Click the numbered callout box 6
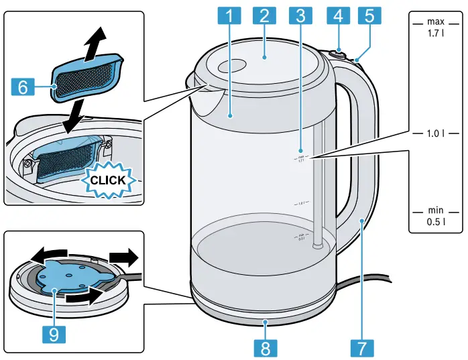click(x=23, y=86)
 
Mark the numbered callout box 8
click(x=265, y=347)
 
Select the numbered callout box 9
click(x=54, y=333)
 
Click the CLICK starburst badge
click(x=107, y=180)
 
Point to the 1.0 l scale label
click(x=435, y=133)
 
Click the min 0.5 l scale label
click(x=435, y=216)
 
